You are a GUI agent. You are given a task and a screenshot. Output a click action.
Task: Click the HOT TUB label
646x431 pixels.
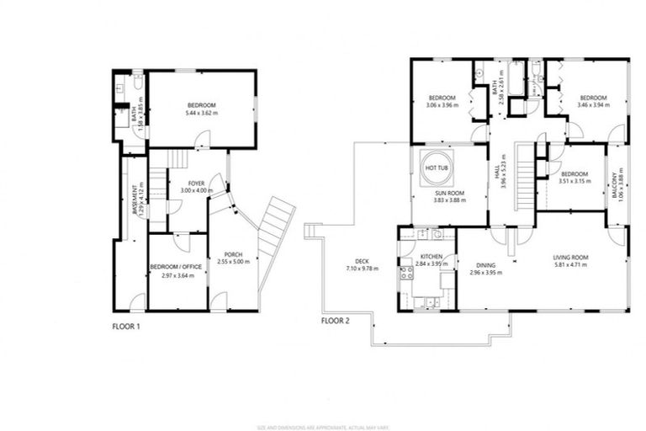(437, 168)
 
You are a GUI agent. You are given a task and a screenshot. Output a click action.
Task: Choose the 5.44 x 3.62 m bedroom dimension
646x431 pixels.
(201, 113)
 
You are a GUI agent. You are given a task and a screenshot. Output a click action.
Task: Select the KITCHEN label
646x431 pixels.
(431, 257)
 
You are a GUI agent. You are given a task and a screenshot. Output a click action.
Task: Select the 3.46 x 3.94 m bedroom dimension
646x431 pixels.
(594, 105)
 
